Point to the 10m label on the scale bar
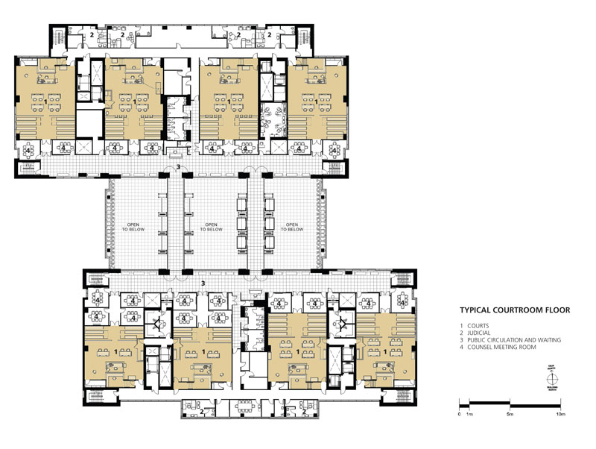click(x=559, y=413)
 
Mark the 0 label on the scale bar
click(x=460, y=413)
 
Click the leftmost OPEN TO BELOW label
click(x=133, y=227)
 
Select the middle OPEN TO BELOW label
click(x=212, y=227)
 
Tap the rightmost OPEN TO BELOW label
click(x=291, y=227)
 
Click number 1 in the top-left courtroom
click(x=46, y=100)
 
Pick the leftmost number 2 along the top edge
click(x=92, y=34)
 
